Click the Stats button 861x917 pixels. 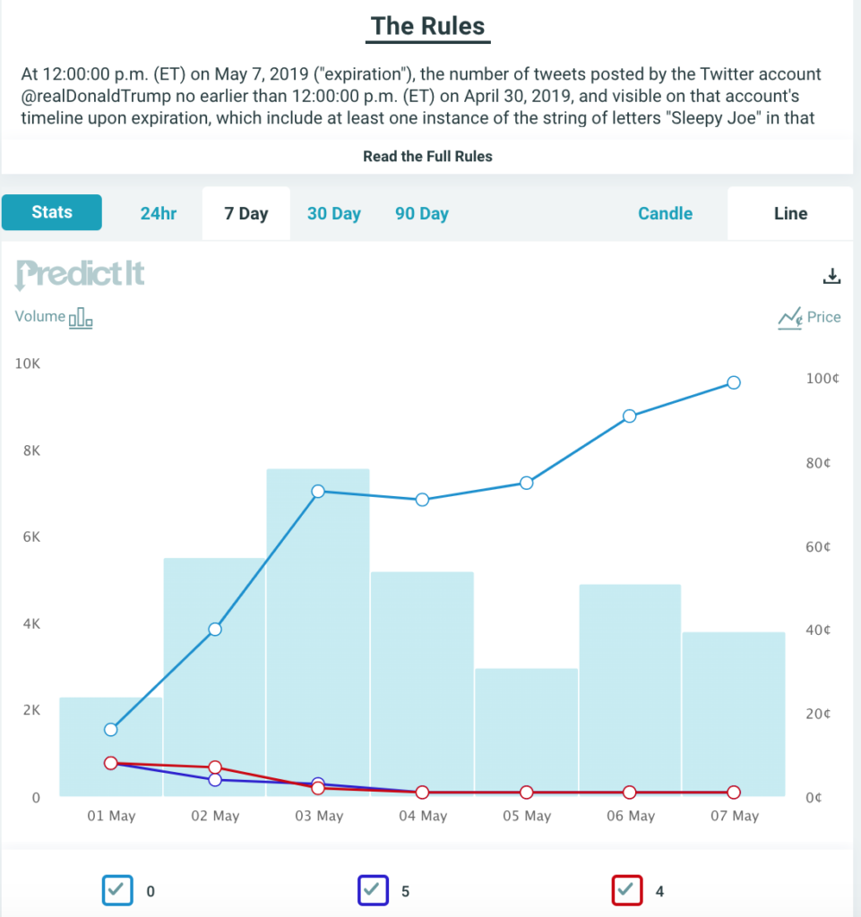pyautogui.click(x=52, y=213)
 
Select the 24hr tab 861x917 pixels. pyautogui.click(x=159, y=214)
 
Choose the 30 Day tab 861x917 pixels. pyautogui.click(x=333, y=214)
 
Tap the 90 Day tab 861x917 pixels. pyautogui.click(x=421, y=214)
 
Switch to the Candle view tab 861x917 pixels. pyautogui.click(x=665, y=214)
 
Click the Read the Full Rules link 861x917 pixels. pyautogui.click(x=427, y=156)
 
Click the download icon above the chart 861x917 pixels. pyautogui.click(x=831, y=276)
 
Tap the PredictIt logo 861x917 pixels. pyautogui.click(x=80, y=274)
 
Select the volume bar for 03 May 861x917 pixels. pyautogui.click(x=318, y=627)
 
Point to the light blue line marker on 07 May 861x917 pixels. pyautogui.click(x=734, y=382)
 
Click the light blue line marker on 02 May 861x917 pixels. pyautogui.click(x=215, y=630)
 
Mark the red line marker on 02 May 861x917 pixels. pyautogui.click(x=215, y=767)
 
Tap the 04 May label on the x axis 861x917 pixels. pyautogui.click(x=422, y=816)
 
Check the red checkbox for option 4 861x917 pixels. pyautogui.click(x=627, y=890)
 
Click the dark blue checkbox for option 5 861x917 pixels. pyautogui.click(x=373, y=890)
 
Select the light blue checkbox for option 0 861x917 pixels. pyautogui.click(x=117, y=890)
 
